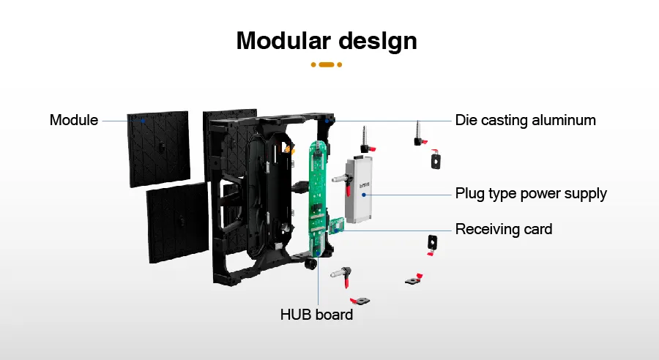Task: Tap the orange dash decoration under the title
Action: (x=327, y=64)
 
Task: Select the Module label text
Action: (x=73, y=120)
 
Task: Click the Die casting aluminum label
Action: (x=525, y=120)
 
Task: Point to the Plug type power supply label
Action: (x=531, y=194)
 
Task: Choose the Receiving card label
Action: (x=504, y=229)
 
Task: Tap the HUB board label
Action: (x=316, y=315)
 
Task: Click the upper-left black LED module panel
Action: (x=158, y=148)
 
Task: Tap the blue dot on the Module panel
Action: (x=144, y=120)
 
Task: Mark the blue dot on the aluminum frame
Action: (x=331, y=119)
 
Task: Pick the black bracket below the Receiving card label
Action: (x=431, y=243)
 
